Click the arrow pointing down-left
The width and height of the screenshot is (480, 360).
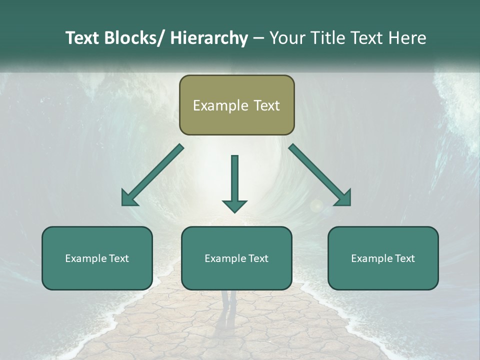click(152, 175)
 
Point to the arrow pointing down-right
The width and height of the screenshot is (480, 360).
click(320, 175)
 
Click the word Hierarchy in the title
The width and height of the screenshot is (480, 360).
click(209, 38)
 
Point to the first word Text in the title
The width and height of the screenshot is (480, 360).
click(83, 38)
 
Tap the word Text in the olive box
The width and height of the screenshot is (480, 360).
click(266, 105)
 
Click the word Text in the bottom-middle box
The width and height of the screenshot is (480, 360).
click(258, 258)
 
